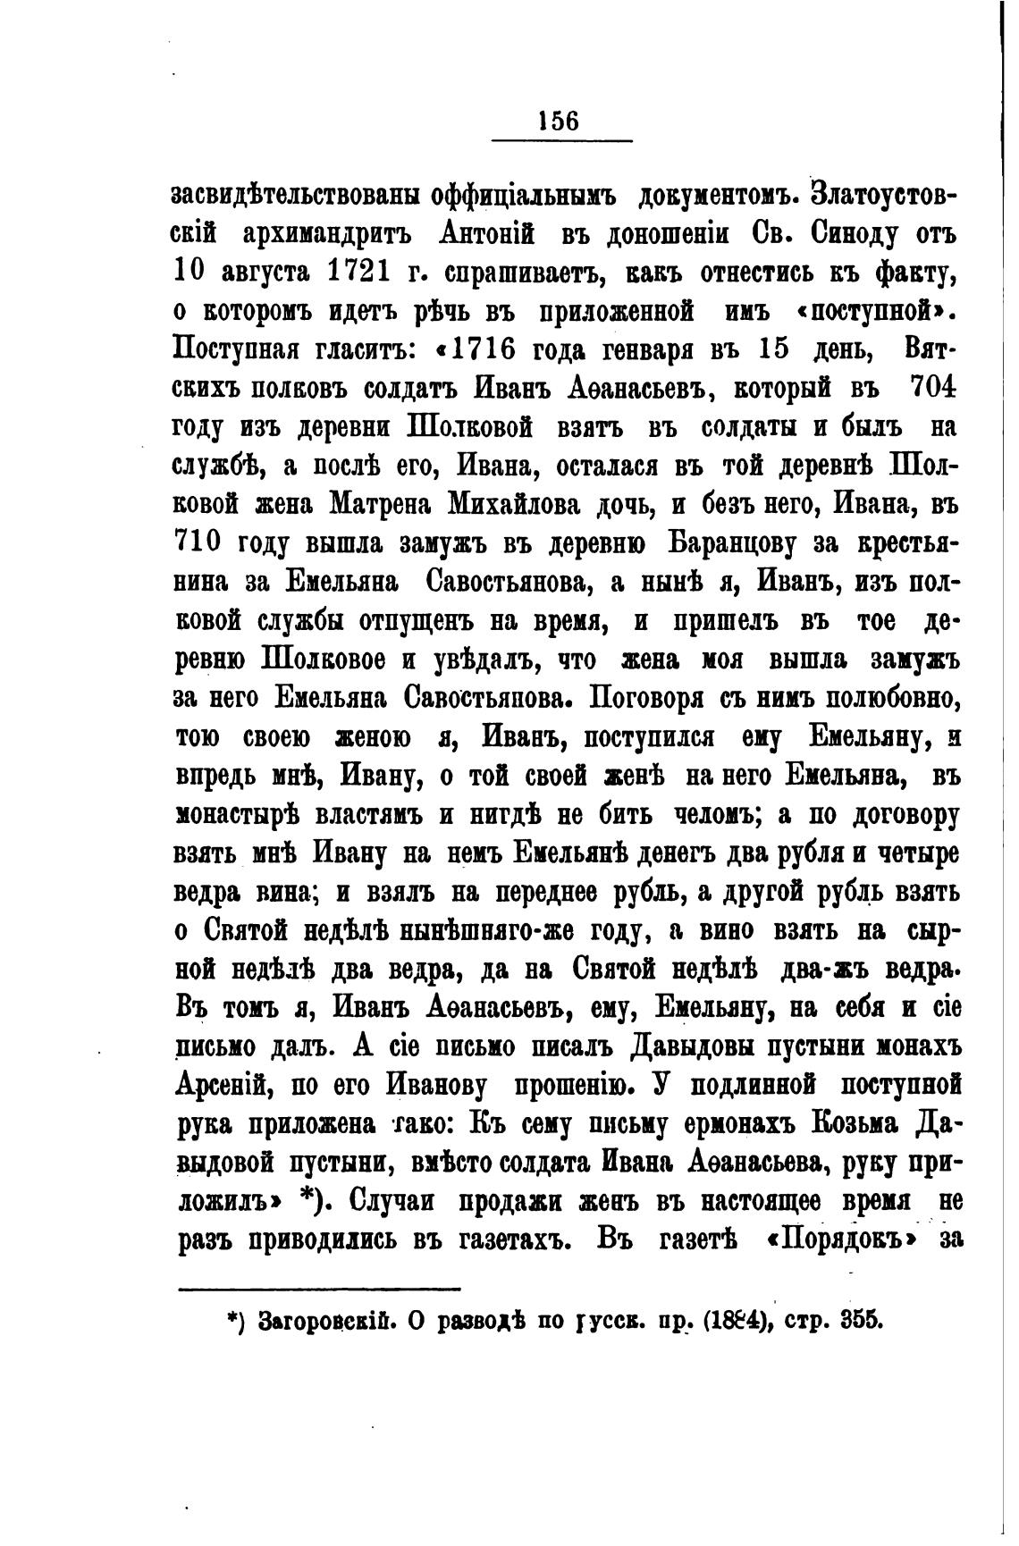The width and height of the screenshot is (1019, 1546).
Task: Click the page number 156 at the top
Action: coord(560,120)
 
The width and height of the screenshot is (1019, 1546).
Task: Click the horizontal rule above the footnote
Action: coord(319,1288)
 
